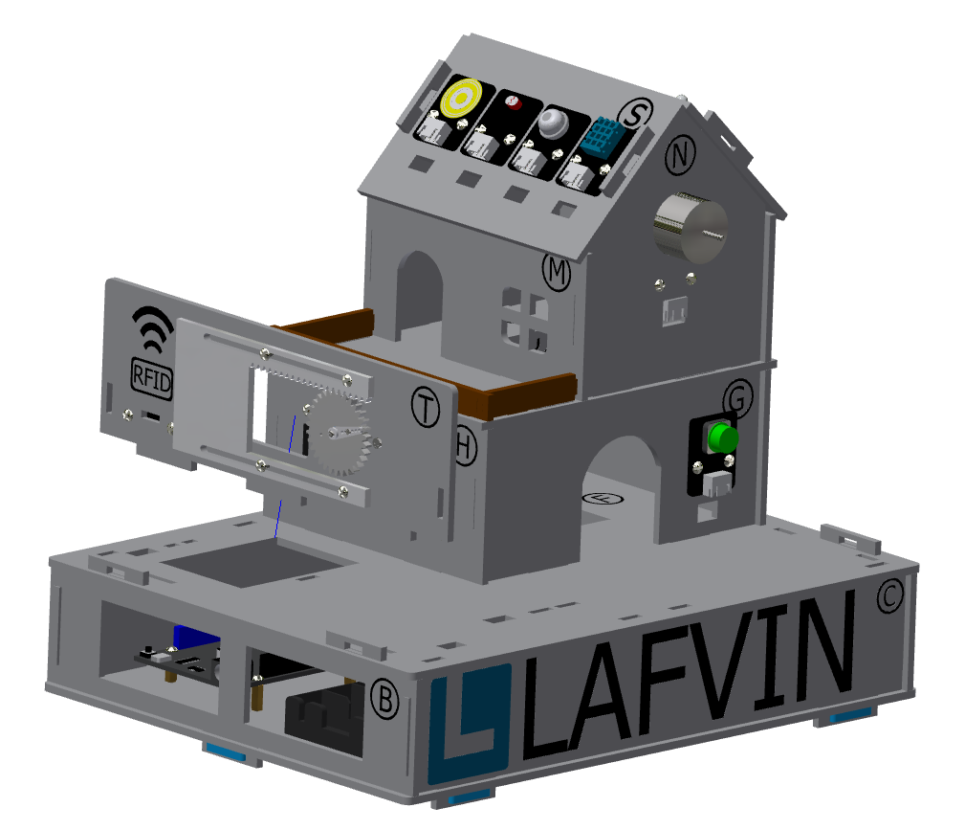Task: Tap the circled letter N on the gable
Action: coord(680,155)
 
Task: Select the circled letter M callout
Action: coord(557,271)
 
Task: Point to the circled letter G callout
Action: coord(738,398)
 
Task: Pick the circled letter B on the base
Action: coord(385,700)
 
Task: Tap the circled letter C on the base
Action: coord(889,595)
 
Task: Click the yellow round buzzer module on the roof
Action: coord(461,98)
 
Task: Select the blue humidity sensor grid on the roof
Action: coord(601,137)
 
